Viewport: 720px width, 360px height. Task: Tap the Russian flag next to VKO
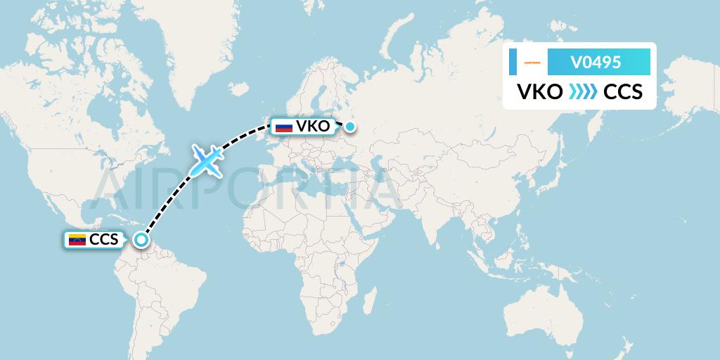(284, 127)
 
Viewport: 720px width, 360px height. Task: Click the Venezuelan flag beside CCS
(76, 240)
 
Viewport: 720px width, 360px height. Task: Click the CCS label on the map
(104, 240)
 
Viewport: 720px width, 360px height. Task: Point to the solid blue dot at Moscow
(350, 127)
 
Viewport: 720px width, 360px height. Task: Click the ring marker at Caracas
(141, 240)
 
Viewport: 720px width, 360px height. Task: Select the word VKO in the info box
(539, 92)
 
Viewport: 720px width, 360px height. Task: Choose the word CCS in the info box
(623, 92)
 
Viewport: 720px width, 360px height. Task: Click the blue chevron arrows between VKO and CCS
(582, 92)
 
